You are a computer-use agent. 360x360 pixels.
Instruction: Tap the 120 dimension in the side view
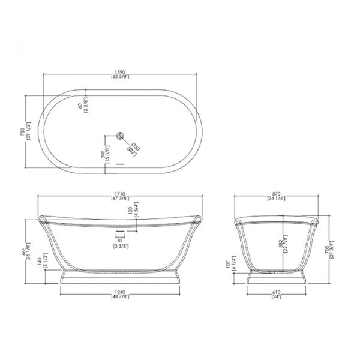tap(130, 211)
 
